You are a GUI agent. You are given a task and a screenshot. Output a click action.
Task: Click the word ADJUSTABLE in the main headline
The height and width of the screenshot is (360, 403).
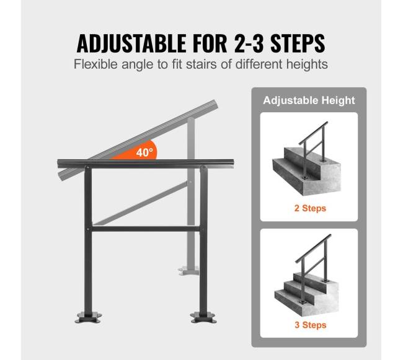tap(131, 43)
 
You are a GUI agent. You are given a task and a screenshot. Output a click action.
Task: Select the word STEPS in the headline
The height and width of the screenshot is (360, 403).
tap(298, 43)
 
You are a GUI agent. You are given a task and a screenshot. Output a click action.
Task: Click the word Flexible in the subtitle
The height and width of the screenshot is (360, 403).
tap(95, 64)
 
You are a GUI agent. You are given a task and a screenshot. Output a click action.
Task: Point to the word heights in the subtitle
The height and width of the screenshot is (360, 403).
tap(307, 64)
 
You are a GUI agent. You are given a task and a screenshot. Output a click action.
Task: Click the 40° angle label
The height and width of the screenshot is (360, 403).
tap(144, 152)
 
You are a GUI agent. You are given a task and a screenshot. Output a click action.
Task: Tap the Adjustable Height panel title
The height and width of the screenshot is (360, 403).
tap(309, 100)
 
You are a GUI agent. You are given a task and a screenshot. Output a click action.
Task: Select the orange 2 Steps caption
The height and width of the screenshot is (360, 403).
tap(310, 208)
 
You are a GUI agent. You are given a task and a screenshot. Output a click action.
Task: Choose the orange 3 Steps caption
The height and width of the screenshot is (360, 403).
tap(311, 325)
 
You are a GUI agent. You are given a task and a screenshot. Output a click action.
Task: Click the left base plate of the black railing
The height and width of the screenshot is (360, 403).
tap(88, 317)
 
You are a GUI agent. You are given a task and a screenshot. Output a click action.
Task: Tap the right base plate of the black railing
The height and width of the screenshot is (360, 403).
tap(203, 317)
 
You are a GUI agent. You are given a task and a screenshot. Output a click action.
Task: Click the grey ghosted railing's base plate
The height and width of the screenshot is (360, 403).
tap(189, 271)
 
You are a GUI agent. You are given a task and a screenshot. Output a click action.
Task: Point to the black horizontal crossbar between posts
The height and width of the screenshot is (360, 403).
tap(146, 229)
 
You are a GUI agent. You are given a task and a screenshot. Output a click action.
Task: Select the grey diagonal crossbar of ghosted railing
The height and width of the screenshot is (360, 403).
tap(140, 203)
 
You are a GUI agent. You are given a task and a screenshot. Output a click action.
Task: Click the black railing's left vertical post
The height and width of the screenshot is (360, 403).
tap(88, 240)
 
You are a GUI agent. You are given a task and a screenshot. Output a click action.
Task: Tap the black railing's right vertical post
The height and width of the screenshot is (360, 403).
tap(203, 240)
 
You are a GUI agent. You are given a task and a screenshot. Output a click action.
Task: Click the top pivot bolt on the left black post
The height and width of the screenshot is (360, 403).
tap(88, 168)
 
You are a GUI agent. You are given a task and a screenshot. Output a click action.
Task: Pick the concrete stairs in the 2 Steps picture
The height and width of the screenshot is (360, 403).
tap(307, 171)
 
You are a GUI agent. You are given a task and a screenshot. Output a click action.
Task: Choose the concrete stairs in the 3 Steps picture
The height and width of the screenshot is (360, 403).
tap(307, 294)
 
